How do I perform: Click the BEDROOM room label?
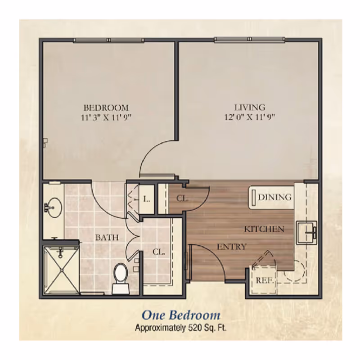click(106, 108)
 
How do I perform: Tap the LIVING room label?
click(249, 108)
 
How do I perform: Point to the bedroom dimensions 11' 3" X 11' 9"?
click(106, 117)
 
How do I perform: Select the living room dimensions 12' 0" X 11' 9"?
click(249, 117)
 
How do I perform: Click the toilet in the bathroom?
click(120, 277)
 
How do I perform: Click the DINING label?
click(274, 197)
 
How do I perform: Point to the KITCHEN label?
click(264, 229)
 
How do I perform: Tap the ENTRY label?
click(231, 247)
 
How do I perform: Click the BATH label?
click(107, 238)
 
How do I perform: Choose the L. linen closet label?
click(146, 198)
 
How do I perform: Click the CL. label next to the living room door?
click(182, 198)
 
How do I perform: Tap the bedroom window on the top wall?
click(109, 40)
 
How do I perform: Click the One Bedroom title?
click(181, 315)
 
